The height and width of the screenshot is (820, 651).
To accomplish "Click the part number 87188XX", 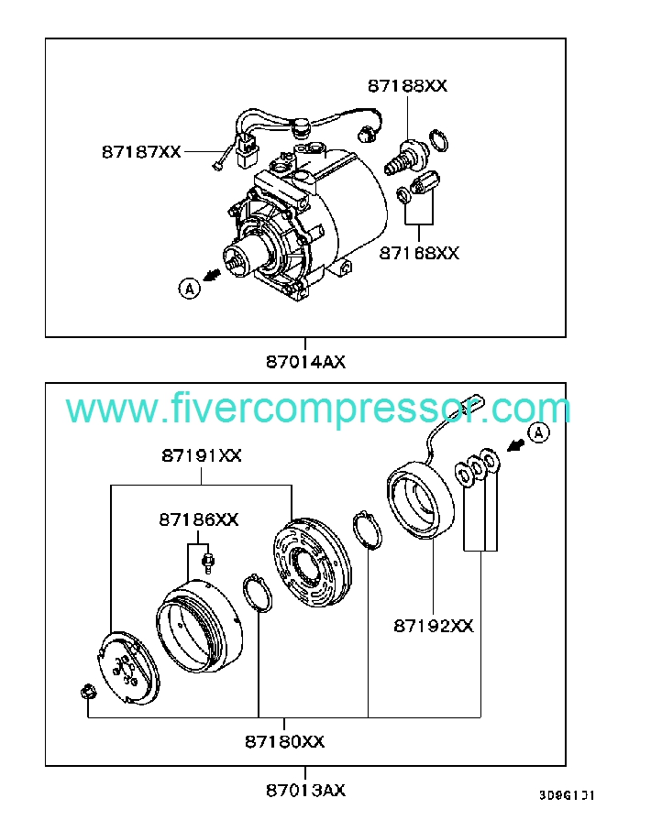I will click(407, 86).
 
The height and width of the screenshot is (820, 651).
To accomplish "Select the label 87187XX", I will click(141, 152).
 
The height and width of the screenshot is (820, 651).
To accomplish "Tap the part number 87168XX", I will click(419, 252).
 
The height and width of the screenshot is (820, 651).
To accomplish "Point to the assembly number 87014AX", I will click(305, 361).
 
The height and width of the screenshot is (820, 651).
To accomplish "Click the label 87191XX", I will click(202, 455).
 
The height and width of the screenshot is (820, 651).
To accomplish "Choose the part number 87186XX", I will click(198, 519).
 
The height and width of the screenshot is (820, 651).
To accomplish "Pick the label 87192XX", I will click(434, 626).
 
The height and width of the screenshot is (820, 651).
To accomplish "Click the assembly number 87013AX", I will click(305, 790).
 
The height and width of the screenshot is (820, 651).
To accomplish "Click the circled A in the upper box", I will click(189, 289).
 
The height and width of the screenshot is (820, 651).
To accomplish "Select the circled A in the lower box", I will click(538, 432).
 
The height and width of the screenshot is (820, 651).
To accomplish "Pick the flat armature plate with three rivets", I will click(128, 669).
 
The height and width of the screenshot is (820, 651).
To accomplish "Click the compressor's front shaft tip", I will click(237, 261).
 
